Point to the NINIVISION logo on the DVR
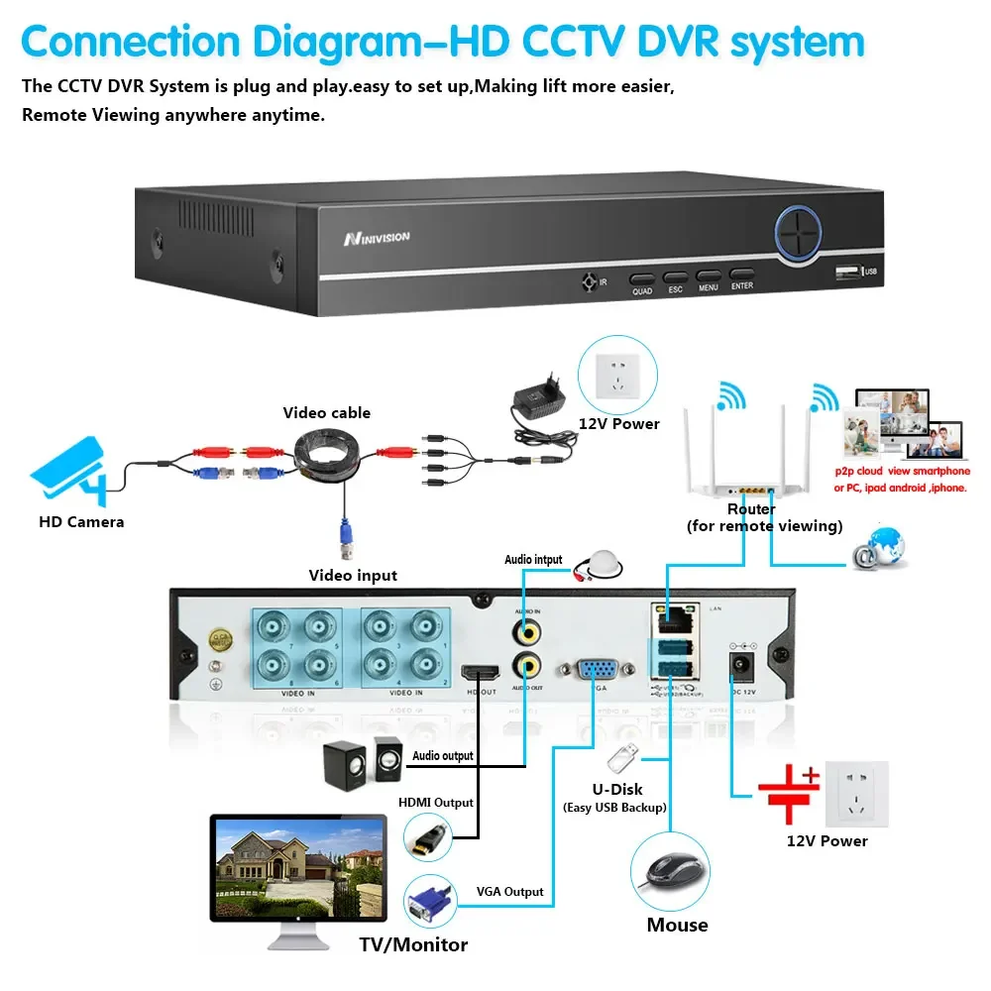[377, 238]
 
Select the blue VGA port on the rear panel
[594, 670]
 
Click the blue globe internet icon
[880, 548]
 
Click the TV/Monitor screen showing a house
[297, 864]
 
